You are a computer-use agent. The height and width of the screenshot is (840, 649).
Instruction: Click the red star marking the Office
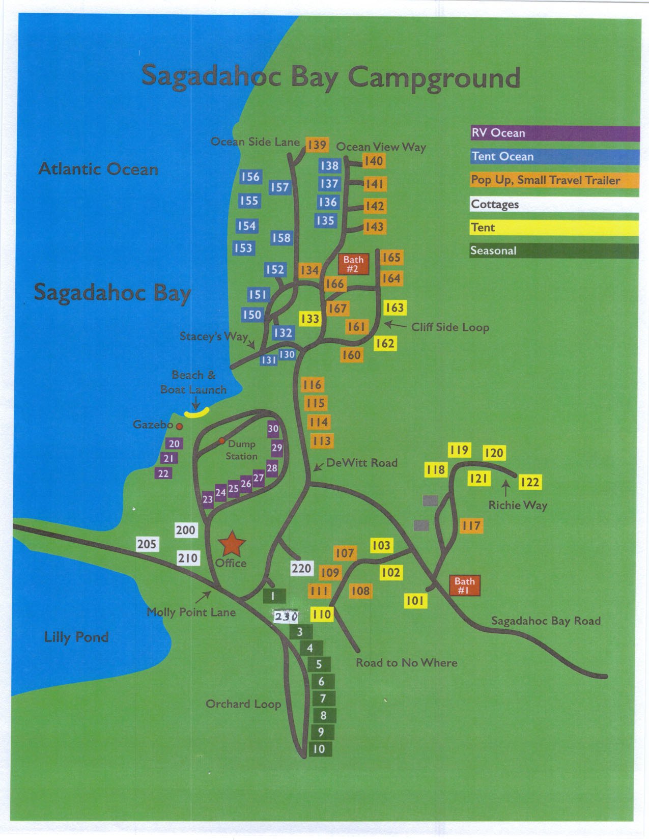pyautogui.click(x=232, y=544)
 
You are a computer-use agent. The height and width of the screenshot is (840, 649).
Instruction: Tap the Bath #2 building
pyautogui.click(x=353, y=264)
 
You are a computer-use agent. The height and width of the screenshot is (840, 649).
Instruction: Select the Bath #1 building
pyautogui.click(x=464, y=585)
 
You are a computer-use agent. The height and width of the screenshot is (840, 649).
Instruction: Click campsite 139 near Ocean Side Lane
pyautogui.click(x=317, y=145)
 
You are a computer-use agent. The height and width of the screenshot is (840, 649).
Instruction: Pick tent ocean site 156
pyautogui.click(x=250, y=177)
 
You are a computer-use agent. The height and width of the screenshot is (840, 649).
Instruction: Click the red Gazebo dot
pyautogui.click(x=179, y=426)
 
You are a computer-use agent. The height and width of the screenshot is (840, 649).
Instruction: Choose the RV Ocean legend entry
pyautogui.click(x=554, y=133)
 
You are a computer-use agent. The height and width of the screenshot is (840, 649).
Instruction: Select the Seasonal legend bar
pyautogui.click(x=554, y=250)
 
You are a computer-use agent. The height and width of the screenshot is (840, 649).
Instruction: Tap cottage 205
pyautogui.click(x=147, y=544)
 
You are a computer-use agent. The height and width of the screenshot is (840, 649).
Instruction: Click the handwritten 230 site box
pyautogui.click(x=286, y=617)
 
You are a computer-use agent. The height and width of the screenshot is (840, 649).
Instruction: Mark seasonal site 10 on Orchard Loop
pyautogui.click(x=319, y=749)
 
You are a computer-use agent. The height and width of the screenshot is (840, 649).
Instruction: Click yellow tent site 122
pyautogui.click(x=529, y=482)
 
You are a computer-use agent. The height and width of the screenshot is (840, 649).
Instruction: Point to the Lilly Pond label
pyautogui.click(x=76, y=637)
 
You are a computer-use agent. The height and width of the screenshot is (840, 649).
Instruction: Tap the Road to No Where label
pyautogui.click(x=406, y=662)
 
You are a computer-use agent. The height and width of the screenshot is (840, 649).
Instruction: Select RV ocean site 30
pyautogui.click(x=273, y=429)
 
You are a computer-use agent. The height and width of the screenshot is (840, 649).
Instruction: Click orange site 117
pyautogui.click(x=471, y=525)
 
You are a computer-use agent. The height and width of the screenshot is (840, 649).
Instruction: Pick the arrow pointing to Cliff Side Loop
pyautogui.click(x=395, y=324)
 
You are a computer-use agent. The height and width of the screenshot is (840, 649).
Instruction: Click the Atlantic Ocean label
pyautogui.click(x=98, y=169)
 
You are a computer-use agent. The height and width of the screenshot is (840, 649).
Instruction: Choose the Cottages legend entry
pyautogui.click(x=554, y=204)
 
